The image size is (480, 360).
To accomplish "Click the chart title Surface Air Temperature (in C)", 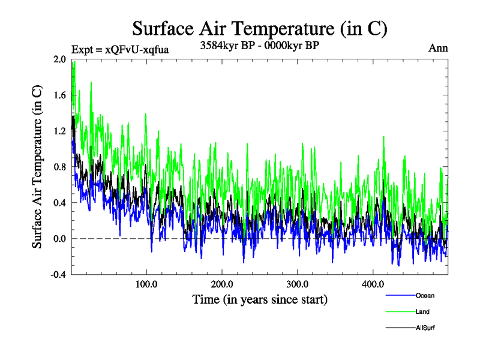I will tap(260, 29).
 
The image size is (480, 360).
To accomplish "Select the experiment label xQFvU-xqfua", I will tap(119, 50).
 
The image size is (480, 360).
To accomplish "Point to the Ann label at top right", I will tap(438, 48).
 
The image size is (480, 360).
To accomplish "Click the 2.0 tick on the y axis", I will tap(60, 59).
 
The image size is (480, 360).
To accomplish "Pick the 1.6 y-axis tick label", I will tap(60, 95).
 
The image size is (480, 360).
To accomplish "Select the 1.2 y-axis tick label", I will tap(60, 131).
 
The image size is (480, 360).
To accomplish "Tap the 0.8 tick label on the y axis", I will tap(60, 167).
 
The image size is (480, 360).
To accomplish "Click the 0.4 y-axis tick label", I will tap(60, 203).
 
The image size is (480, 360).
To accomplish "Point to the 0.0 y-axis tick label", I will tap(60, 239).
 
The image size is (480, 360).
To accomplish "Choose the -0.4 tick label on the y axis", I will tap(59, 275).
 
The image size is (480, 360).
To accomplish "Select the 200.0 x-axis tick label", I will tap(222, 284).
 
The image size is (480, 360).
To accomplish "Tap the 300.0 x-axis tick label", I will tap(298, 284).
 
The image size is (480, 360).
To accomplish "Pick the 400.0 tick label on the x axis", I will tap(373, 284).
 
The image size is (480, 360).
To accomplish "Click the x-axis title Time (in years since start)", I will tap(260, 299).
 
